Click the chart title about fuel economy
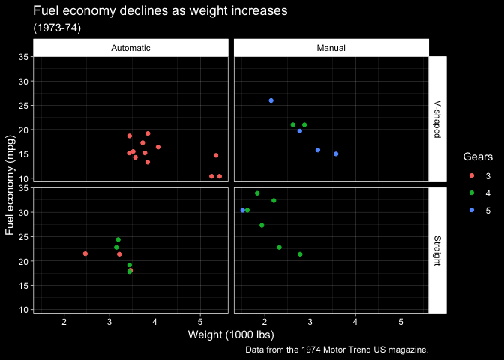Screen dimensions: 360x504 pos(160,12)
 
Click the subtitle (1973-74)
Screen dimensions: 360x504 pos(57,28)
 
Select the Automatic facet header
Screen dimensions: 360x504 pos(130,48)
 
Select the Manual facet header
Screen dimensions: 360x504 pos(331,48)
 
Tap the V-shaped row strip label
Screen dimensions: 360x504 pos(438,119)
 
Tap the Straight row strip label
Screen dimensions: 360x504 pos(438,250)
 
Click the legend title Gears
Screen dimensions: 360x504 pos(477,157)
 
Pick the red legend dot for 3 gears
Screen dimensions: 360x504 pos(470,176)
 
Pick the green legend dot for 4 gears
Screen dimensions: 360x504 pos(470,193)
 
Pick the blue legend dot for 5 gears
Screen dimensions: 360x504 pos(470,210)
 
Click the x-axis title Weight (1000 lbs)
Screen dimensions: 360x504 pos(231,334)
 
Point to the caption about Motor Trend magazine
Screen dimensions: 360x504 pos(337,349)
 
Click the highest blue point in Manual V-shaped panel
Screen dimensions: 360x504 pos(271,100)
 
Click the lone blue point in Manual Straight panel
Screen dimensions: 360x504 pos(243,210)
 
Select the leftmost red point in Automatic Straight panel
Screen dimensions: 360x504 pos(85,253)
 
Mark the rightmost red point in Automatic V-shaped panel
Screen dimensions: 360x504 pos(220,176)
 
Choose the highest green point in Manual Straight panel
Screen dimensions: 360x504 pos(257,193)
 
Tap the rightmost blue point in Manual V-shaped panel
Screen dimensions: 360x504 pos(336,154)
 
